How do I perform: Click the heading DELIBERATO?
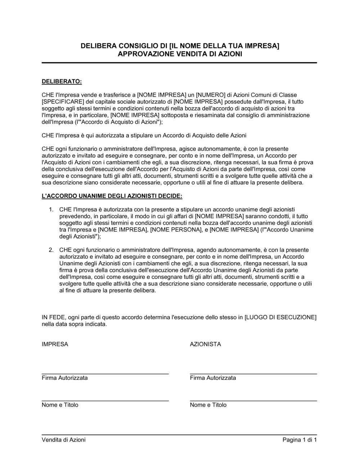pos(62,82)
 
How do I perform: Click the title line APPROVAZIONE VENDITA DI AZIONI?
pos(180,54)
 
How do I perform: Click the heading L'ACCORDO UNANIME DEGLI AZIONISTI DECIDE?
pos(112,196)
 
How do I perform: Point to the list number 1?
pos(51,209)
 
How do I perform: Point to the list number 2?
pos(51,250)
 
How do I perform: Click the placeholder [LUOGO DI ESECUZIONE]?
pos(280,317)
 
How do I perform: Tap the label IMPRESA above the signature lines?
pos(55,344)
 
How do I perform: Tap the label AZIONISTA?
pos(205,344)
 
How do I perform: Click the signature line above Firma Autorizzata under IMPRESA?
pos(105,374)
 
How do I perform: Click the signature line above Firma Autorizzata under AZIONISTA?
pos(253,374)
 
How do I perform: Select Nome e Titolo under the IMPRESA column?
pos(60,405)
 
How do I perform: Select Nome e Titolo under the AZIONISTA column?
pos(208,405)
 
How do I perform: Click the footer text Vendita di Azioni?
pos(64,440)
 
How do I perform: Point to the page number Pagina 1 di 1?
pos(300,440)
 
